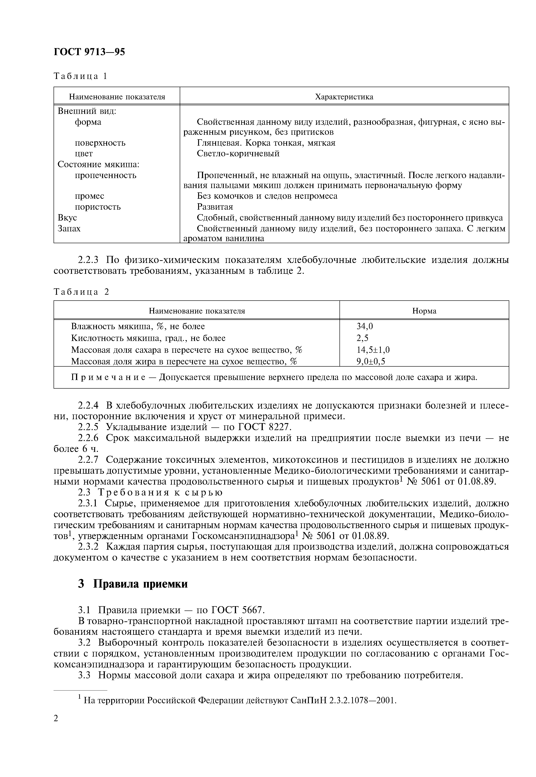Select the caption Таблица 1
[80, 76]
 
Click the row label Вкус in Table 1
[67, 218]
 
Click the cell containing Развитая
[215, 206]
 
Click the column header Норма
[424, 311]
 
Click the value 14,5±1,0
[373, 350]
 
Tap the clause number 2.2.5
[88, 427]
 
